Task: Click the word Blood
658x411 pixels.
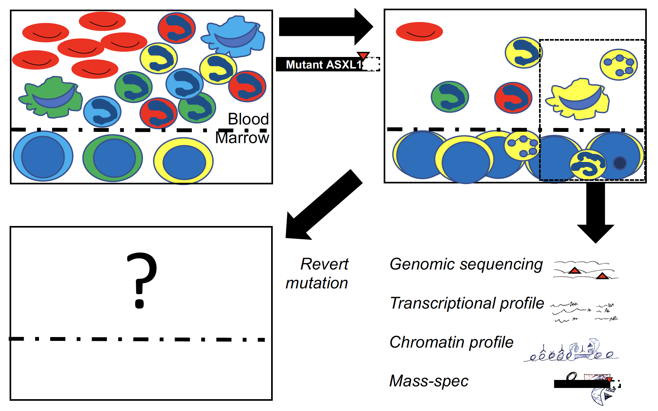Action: pyautogui.click(x=248, y=119)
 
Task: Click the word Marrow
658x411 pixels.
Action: pyautogui.click(x=242, y=138)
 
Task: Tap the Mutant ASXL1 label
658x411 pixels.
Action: pyautogui.click(x=323, y=64)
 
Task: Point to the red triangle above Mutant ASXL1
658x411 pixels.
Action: pyautogui.click(x=363, y=55)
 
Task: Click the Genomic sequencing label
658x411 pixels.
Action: pyautogui.click(x=466, y=264)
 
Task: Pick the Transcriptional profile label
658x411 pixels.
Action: pyautogui.click(x=467, y=303)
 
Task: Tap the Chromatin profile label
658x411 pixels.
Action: pyautogui.click(x=451, y=342)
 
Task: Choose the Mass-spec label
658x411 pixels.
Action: pyautogui.click(x=428, y=381)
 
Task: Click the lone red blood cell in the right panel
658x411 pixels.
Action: pyautogui.click(x=419, y=32)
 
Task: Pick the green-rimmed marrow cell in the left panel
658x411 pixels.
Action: pyautogui.click(x=113, y=158)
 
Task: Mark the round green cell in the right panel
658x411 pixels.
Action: pyautogui.click(x=450, y=96)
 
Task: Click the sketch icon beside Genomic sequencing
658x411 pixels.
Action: pyautogui.click(x=585, y=271)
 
